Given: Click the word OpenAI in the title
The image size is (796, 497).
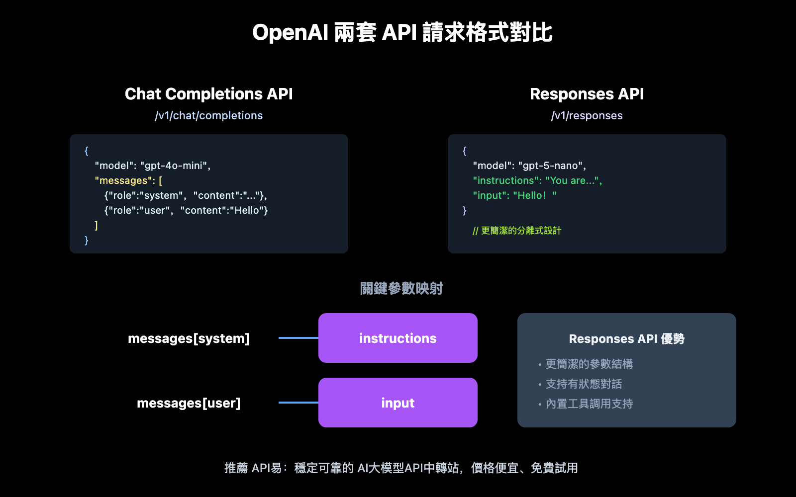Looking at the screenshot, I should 290,33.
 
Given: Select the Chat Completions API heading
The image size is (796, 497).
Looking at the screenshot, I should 208,94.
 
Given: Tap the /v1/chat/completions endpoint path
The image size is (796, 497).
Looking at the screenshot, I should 208,116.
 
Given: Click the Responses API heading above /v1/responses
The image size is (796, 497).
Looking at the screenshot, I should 587,94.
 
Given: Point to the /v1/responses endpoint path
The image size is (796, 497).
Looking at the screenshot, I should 587,116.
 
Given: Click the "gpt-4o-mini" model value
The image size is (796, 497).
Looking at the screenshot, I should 175,166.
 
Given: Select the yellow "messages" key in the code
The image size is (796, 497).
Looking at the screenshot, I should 122,181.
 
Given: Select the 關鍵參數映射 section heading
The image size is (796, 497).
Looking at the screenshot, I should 401,288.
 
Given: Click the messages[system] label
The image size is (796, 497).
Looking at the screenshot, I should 189,338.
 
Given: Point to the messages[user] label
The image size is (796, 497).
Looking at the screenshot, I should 189,403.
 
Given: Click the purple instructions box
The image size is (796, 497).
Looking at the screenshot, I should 398,338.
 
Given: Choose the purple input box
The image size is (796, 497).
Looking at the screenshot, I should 398,403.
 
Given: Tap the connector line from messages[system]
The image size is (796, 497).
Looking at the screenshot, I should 298,338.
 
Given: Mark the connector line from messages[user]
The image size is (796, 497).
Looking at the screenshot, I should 298,403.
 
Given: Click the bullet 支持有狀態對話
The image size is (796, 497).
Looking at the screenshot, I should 584,384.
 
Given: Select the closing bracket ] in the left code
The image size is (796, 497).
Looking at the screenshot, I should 96,226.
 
